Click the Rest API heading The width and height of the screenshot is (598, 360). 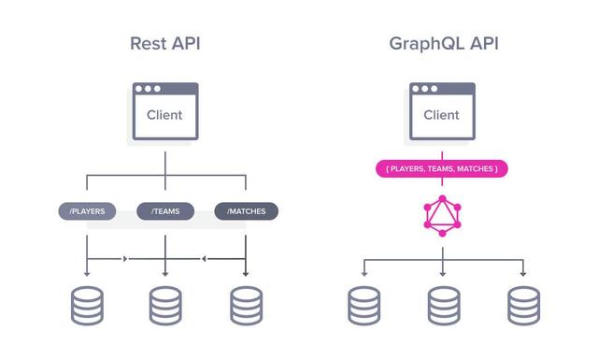coord(164,44)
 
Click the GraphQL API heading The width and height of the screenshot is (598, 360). coord(442,44)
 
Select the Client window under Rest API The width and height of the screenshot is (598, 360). coord(164,111)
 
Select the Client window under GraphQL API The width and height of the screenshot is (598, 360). coord(442,111)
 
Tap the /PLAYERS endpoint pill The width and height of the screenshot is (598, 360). coord(87,211)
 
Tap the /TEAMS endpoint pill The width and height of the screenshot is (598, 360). coord(165,211)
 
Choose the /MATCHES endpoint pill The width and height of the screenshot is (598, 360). coord(246,211)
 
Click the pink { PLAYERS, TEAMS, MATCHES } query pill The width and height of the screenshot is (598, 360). coord(442,169)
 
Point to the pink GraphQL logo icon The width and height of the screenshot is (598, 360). coord(442,216)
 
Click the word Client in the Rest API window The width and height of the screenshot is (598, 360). coord(164,116)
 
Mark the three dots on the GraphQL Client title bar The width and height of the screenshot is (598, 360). coord(426,89)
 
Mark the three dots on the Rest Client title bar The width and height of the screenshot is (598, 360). coord(149,89)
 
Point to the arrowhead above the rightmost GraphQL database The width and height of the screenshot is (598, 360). coord(523,272)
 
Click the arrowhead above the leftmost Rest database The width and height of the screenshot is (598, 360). coord(87,272)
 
